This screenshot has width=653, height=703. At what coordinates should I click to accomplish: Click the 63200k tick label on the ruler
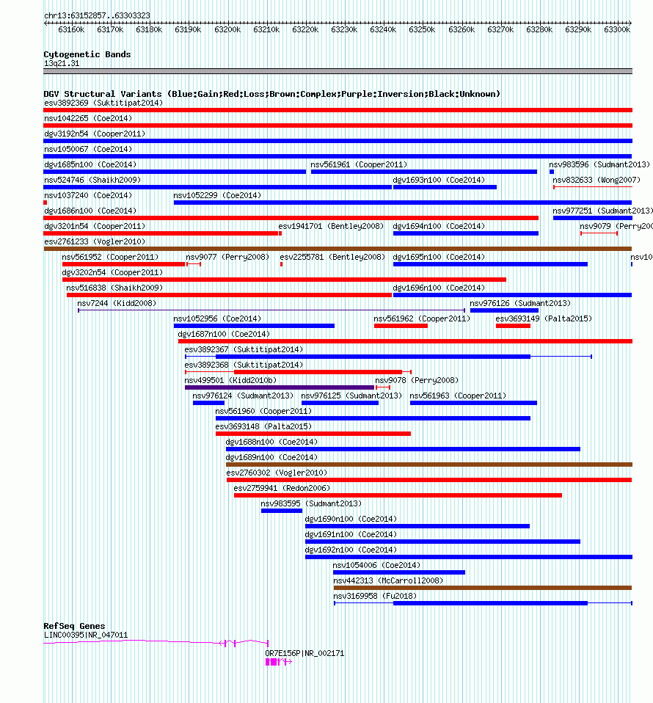click(x=227, y=29)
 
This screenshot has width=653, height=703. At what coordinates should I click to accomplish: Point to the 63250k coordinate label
click(x=422, y=29)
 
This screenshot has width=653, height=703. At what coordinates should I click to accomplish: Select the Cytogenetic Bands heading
click(x=87, y=54)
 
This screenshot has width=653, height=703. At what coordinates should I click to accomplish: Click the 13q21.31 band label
click(x=62, y=64)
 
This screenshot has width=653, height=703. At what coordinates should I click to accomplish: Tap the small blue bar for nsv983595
click(x=282, y=511)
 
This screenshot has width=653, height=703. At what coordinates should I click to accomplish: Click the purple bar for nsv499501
click(x=280, y=387)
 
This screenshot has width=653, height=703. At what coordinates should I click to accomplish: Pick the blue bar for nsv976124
click(x=208, y=403)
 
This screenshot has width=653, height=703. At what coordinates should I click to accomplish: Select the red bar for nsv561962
click(x=401, y=326)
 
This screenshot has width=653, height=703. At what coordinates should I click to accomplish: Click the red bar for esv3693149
click(x=513, y=326)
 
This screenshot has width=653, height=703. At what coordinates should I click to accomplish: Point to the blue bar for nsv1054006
click(x=399, y=572)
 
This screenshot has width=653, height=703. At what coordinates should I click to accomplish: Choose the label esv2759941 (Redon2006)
click(x=282, y=488)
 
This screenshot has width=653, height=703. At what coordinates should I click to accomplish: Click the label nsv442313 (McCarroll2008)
click(x=388, y=580)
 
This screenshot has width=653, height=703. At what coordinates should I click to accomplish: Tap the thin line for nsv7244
click(x=271, y=310)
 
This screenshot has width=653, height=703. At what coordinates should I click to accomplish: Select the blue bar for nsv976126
click(x=504, y=310)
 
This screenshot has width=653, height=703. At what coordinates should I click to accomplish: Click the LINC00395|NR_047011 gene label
click(x=86, y=635)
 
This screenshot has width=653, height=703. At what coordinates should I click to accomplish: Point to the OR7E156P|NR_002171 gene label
click(x=304, y=654)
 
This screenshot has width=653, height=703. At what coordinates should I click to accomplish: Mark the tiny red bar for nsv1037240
click(x=45, y=203)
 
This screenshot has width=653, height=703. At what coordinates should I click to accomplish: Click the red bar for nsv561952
click(x=124, y=264)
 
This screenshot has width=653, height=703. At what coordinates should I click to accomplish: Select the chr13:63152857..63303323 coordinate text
click(x=98, y=15)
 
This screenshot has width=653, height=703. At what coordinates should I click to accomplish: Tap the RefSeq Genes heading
click(x=74, y=626)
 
